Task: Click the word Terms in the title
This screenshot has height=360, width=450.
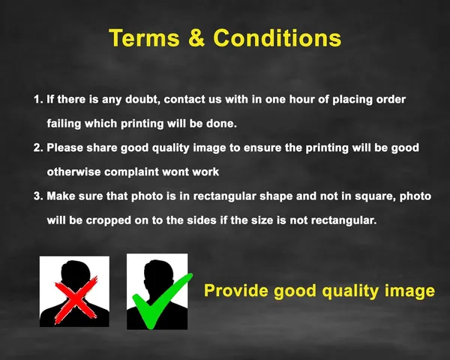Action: [144, 38]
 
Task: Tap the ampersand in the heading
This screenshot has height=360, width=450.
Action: [196, 38]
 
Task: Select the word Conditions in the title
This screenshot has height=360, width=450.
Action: [277, 38]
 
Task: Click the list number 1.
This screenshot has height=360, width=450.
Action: [38, 99]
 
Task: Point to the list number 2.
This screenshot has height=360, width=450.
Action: [38, 148]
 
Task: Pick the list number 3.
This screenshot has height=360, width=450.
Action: [38, 196]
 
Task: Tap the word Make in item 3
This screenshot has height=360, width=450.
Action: [61, 196]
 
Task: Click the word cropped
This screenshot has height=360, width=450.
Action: [109, 220]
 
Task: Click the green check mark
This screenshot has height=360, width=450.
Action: [162, 301]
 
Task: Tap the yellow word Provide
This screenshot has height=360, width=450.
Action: [235, 290]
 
